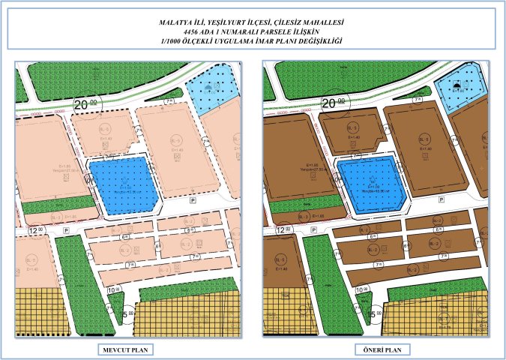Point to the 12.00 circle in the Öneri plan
click(283, 231)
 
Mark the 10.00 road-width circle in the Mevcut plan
click(113, 289)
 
